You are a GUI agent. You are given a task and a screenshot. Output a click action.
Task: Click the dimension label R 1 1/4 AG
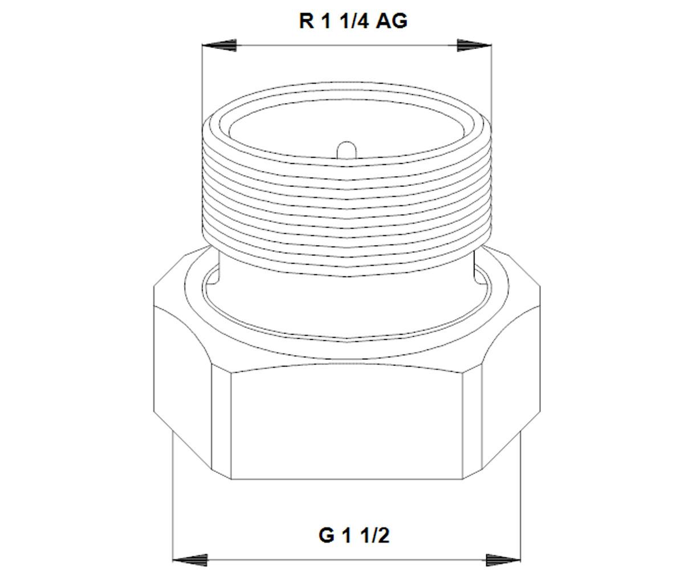tap(353, 21)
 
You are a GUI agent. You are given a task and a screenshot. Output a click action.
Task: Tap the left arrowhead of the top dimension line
tap(219, 45)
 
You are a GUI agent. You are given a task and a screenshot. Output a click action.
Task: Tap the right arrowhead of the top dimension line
tap(474, 45)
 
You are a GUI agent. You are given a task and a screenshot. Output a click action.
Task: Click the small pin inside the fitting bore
tap(347, 150)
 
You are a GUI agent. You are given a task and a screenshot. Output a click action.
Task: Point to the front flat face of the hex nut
tap(347, 425)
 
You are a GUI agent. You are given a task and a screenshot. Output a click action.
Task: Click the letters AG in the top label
tap(392, 21)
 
